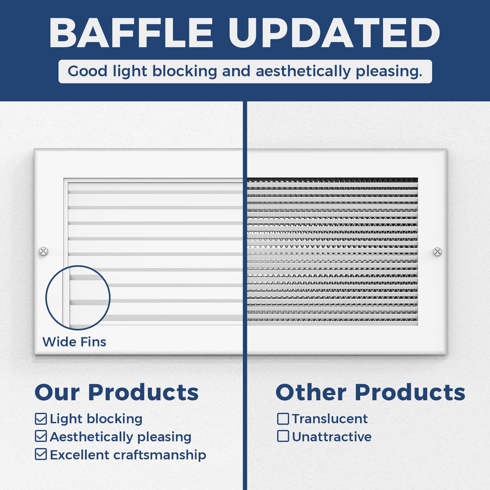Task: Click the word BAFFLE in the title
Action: point(131,33)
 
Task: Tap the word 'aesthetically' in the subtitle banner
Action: point(303,72)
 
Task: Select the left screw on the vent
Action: point(43,251)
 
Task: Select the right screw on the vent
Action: point(437,252)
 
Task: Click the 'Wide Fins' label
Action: point(74,342)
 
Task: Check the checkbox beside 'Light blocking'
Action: point(41,419)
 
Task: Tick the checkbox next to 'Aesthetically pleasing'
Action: point(41,436)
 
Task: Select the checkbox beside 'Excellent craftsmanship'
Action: point(41,454)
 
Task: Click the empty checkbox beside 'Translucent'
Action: point(283,418)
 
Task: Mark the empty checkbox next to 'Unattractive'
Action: point(283,436)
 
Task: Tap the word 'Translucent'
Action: point(330,418)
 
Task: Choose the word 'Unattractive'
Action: point(332,436)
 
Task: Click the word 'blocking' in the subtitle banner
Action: point(185,72)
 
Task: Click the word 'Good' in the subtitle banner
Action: point(88,71)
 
